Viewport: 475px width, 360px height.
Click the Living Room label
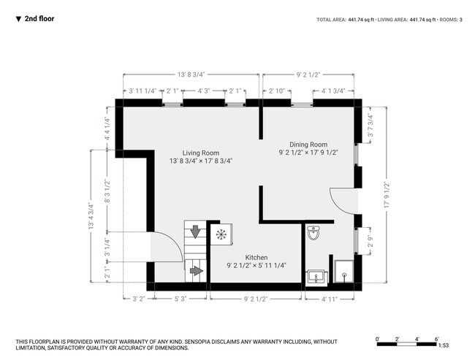(200, 153)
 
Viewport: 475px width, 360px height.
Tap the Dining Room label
(308, 145)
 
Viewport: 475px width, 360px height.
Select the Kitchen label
(256, 257)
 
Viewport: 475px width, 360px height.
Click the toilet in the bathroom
(313, 232)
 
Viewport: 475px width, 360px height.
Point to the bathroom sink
(317, 277)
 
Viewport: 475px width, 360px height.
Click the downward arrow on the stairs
(195, 231)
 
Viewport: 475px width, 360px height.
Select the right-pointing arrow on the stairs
(197, 270)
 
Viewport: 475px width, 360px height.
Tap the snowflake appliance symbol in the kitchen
(221, 234)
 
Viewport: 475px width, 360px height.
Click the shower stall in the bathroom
(344, 272)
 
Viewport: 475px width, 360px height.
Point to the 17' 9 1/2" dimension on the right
(387, 195)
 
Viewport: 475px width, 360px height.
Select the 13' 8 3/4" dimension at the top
(191, 74)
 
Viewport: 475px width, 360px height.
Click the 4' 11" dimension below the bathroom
(330, 299)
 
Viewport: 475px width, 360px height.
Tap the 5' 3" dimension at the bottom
(180, 299)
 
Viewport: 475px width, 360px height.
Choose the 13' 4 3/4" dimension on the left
(91, 215)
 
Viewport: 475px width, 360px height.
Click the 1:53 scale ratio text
(444, 345)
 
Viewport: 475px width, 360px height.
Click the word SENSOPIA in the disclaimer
(197, 342)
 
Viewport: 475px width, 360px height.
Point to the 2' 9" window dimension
(370, 241)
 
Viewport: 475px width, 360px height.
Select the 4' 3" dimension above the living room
(204, 91)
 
